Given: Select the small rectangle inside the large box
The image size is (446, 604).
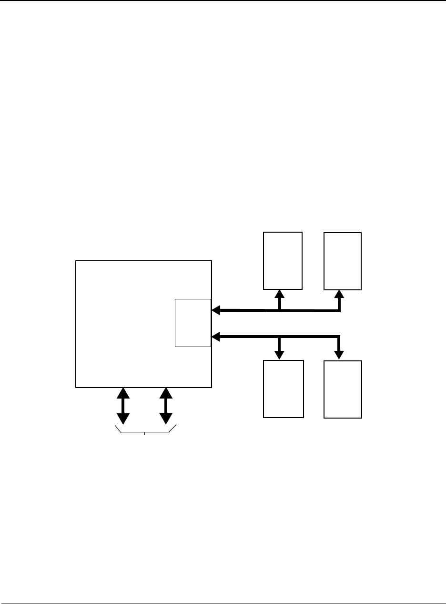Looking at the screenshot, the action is point(193,323).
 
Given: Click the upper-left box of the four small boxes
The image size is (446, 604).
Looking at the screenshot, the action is point(283,260).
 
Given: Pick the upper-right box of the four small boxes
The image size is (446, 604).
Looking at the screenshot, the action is point(343,261).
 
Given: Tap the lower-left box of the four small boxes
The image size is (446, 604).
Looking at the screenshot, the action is point(284,389).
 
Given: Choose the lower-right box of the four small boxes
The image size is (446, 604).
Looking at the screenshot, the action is point(343,389).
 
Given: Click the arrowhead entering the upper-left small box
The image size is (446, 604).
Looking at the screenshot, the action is point(280,293).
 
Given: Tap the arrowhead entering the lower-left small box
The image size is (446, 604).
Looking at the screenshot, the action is point(280,355).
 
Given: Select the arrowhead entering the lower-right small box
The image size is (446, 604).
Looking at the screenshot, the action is point(339,355).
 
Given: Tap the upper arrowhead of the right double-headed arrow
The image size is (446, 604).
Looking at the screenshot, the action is point(166,393).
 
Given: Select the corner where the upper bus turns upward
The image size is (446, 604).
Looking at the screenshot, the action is point(339,311).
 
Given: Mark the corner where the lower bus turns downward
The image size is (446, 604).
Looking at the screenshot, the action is point(339,337).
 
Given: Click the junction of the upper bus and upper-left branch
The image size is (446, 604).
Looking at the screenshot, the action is point(280,310).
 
